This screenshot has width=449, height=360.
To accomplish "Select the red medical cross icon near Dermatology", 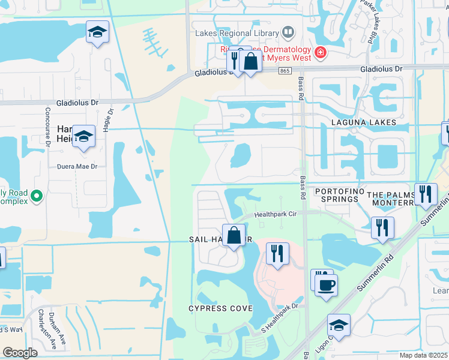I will [321, 52].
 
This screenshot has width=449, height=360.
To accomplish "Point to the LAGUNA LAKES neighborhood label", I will [364, 122].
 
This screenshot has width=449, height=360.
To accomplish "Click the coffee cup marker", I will [326, 286].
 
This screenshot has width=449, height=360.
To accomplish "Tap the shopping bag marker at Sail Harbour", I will [234, 234].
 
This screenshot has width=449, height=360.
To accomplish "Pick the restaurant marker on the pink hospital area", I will [277, 253].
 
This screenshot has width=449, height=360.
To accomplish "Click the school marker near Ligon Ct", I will [339, 326].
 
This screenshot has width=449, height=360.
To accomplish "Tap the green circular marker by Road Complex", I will [37, 196].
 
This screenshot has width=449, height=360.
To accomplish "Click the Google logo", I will [20, 352].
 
